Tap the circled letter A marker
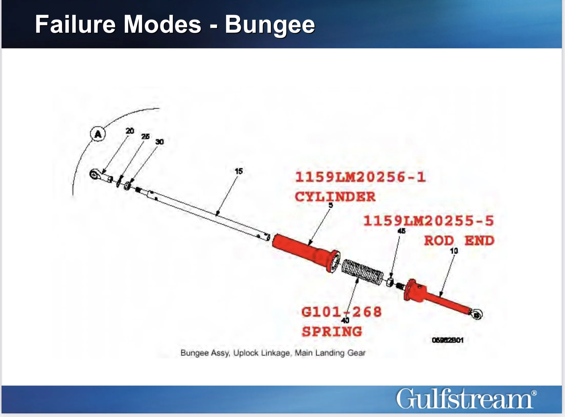point(98,134)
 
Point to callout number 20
point(130,131)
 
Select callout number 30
point(159,142)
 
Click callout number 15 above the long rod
point(239,171)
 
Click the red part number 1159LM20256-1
point(360,177)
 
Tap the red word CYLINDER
point(335,197)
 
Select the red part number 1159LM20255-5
point(428,221)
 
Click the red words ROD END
point(459,241)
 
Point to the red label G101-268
point(342,312)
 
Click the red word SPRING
point(332,332)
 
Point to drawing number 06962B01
point(447,340)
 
